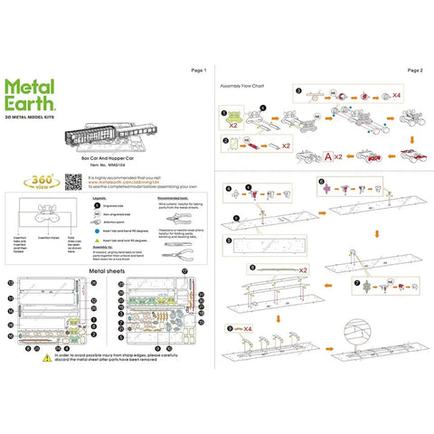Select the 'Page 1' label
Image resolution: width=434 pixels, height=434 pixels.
[x=200, y=71]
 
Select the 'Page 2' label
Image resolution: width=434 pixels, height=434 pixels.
[x=415, y=71]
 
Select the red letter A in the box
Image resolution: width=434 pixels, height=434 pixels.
[x=326, y=156]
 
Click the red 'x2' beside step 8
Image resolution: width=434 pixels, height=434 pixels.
[x=303, y=269]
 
